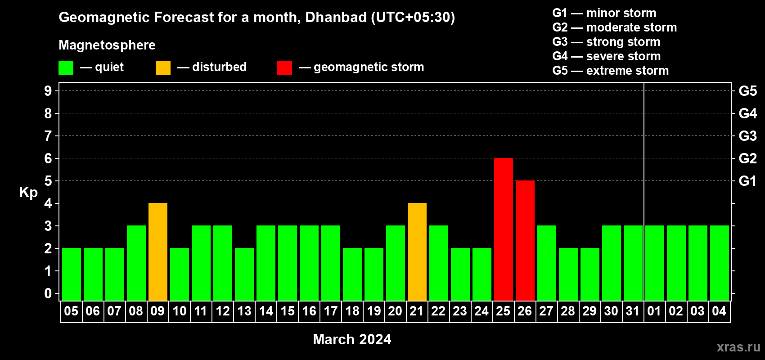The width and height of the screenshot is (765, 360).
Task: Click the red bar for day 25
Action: click(504, 229)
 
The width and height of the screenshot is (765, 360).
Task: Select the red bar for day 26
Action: click(525, 240)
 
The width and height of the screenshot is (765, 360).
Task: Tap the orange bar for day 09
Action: click(158, 252)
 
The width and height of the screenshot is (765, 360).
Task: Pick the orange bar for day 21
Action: click(417, 252)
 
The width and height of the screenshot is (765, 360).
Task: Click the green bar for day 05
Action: click(72, 274)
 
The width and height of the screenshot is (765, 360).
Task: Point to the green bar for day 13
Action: click(244, 274)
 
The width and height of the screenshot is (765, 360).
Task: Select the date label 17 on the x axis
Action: click(331, 311)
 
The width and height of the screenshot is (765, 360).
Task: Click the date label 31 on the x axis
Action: click(633, 311)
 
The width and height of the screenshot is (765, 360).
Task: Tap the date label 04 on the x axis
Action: click(719, 311)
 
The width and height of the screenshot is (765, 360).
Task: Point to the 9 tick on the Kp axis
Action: click(48, 91)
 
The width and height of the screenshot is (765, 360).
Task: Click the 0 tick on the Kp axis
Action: click(48, 293)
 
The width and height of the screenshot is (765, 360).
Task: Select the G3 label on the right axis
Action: click(748, 136)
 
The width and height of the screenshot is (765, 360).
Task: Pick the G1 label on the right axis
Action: click(748, 181)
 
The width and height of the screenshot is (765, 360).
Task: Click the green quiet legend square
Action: click(66, 67)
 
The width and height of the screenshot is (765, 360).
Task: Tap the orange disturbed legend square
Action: click(163, 67)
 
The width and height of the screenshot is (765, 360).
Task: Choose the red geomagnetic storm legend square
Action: click(284, 67)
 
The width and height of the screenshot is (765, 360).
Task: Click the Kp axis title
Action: click(28, 193)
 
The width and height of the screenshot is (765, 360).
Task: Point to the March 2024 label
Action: click(352, 339)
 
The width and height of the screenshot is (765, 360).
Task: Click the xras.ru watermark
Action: click(738, 347)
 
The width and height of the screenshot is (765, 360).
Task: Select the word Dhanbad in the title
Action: click(336, 17)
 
